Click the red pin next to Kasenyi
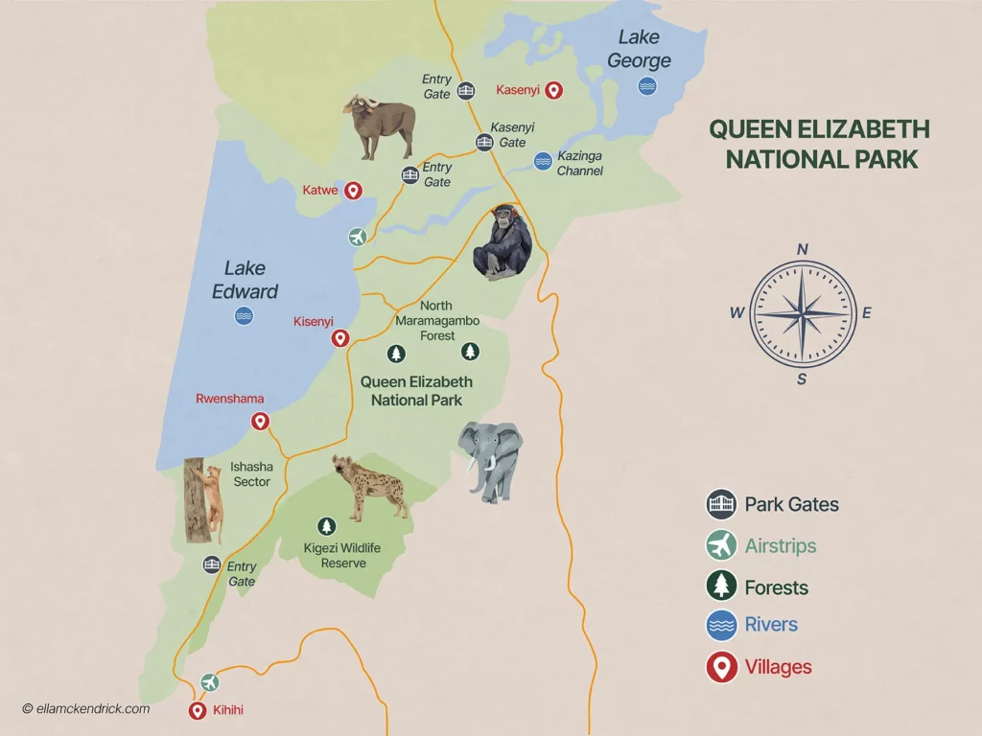click(552, 90)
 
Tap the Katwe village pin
click(353, 191)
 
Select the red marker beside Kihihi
click(197, 710)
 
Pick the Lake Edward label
click(245, 280)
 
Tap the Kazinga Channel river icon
click(543, 161)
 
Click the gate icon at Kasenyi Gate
click(485, 143)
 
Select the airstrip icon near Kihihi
click(210, 682)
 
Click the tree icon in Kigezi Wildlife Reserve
click(327, 526)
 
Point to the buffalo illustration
click(381, 126)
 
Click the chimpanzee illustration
click(503, 243)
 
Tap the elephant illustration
click(491, 461)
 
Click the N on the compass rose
click(803, 250)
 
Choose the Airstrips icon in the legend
click(720, 546)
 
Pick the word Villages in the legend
click(778, 667)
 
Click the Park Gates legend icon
click(720, 504)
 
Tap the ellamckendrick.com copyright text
click(85, 709)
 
